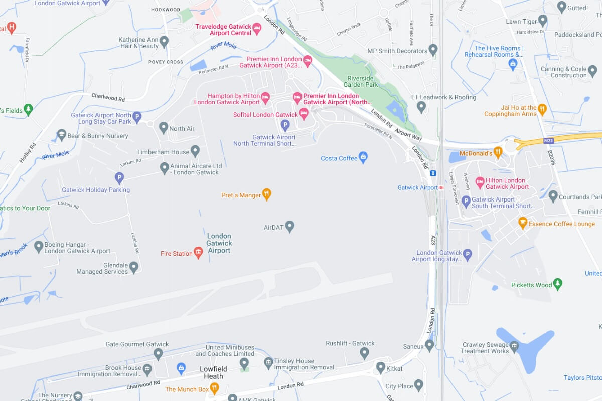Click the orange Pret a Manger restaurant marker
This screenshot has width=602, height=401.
coord(267,194)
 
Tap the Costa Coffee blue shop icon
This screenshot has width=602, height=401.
coord(363,158)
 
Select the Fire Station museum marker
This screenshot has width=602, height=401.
coord(198,253)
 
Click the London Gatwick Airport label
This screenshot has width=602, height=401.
coord(219,243)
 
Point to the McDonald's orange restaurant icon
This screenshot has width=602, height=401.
coord(498,153)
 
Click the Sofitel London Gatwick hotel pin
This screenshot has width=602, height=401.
coord(304,114)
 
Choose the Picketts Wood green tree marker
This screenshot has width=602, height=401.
coord(557,284)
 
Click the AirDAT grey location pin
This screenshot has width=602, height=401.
coord(289,227)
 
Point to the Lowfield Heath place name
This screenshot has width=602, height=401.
coord(214,373)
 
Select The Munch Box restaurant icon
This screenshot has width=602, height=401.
coord(214,388)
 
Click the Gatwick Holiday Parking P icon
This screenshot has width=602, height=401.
coord(119,177)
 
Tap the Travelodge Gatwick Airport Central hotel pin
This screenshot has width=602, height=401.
coord(257,29)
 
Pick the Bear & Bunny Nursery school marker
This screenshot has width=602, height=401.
coord(61,135)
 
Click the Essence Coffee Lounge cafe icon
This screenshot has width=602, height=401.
coord(523,223)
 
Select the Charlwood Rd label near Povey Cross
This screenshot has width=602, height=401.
coord(108,97)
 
